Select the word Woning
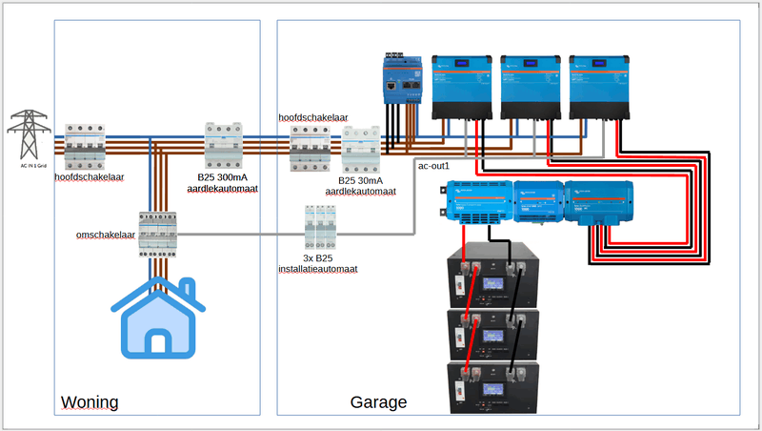(x=90, y=402)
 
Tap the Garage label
(x=378, y=402)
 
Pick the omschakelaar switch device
(x=158, y=234)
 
